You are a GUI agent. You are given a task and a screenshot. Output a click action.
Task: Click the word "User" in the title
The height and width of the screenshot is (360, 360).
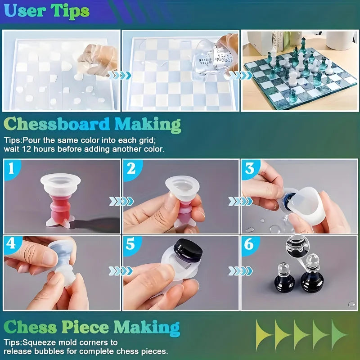point(26,10)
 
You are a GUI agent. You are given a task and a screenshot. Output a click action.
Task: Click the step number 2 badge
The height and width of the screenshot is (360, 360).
point(131,168)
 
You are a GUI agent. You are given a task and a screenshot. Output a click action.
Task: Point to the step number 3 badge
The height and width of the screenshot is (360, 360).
point(250,168)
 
